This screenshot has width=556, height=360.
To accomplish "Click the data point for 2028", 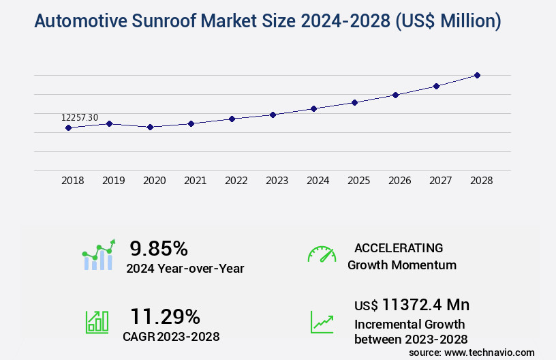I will pyautogui.click(x=477, y=75).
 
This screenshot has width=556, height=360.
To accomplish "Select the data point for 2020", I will pyautogui.click(x=150, y=127).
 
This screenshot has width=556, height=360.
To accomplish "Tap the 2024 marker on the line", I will pyautogui.click(x=313, y=108).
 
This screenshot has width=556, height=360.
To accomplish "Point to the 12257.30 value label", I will pyautogui.click(x=80, y=118).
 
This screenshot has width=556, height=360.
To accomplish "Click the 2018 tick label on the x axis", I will pyautogui.click(x=73, y=181).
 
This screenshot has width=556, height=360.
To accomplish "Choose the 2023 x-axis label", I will pyautogui.click(x=277, y=181).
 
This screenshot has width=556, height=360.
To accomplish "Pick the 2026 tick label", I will pyautogui.click(x=400, y=181).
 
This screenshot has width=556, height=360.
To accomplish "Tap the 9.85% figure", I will pyautogui.click(x=159, y=248).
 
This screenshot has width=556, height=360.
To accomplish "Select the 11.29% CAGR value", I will pyautogui.click(x=165, y=316).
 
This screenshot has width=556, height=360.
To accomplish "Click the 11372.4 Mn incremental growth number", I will pyautogui.click(x=426, y=305).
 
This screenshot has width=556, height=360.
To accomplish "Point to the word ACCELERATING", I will pyautogui.click(x=399, y=248).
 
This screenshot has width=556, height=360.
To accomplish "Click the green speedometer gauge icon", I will pyautogui.click(x=322, y=254).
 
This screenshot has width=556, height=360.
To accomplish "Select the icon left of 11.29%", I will pyautogui.click(x=97, y=322).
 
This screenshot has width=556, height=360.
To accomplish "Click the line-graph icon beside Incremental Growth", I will pyautogui.click(x=322, y=322).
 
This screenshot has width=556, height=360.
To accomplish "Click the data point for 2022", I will pyautogui.click(x=232, y=119).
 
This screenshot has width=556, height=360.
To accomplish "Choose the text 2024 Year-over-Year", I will pyautogui.click(x=185, y=269).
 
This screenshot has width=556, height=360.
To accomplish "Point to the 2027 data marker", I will pyautogui.click(x=436, y=86).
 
